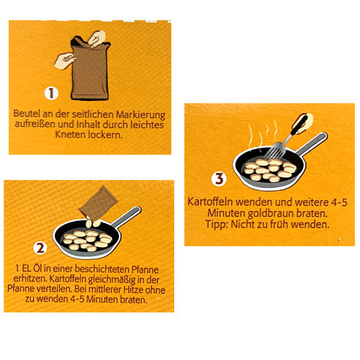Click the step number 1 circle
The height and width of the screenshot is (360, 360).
51,93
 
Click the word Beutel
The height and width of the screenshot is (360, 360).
28,114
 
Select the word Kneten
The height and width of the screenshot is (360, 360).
60,135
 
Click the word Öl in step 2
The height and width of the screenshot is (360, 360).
43,269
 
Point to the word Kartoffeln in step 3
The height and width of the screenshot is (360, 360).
208,203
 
